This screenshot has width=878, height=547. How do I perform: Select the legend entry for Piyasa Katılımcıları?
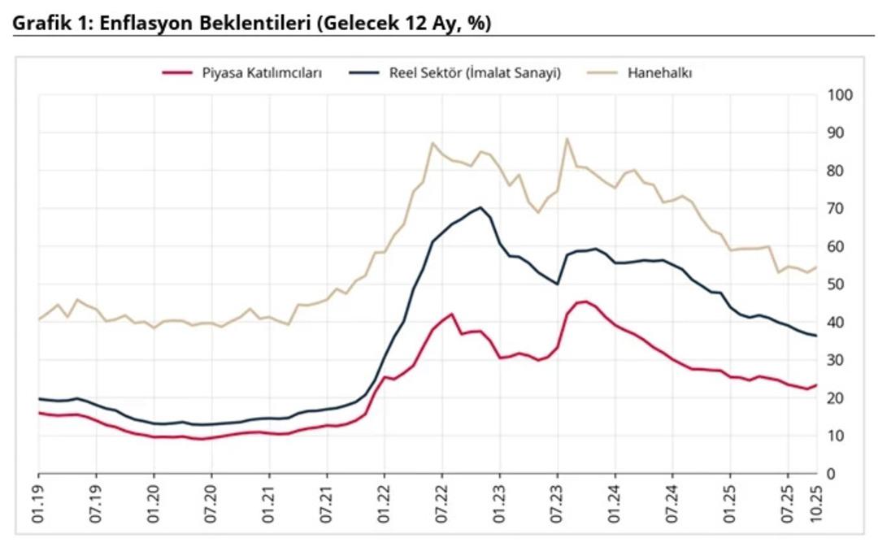[262, 72]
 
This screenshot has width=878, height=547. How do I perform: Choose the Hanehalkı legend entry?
[659, 72]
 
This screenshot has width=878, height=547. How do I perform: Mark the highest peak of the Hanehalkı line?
[567, 138]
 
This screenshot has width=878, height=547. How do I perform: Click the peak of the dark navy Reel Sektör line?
[480, 207]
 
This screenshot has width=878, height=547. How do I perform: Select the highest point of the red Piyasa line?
[585, 302]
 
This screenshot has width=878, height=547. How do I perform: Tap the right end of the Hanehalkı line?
[816, 267]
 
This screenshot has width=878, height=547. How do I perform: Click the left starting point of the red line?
[39, 413]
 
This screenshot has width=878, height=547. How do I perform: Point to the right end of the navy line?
[816, 336]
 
